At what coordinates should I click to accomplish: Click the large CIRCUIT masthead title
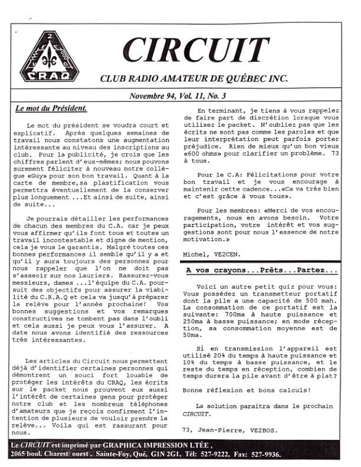[x=196, y=52]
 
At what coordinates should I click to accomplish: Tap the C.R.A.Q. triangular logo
[x=46, y=58]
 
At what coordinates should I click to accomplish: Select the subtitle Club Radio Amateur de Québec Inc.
[x=194, y=78]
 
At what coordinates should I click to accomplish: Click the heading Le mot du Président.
[x=51, y=108]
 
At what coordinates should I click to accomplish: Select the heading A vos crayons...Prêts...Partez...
[x=261, y=271]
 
